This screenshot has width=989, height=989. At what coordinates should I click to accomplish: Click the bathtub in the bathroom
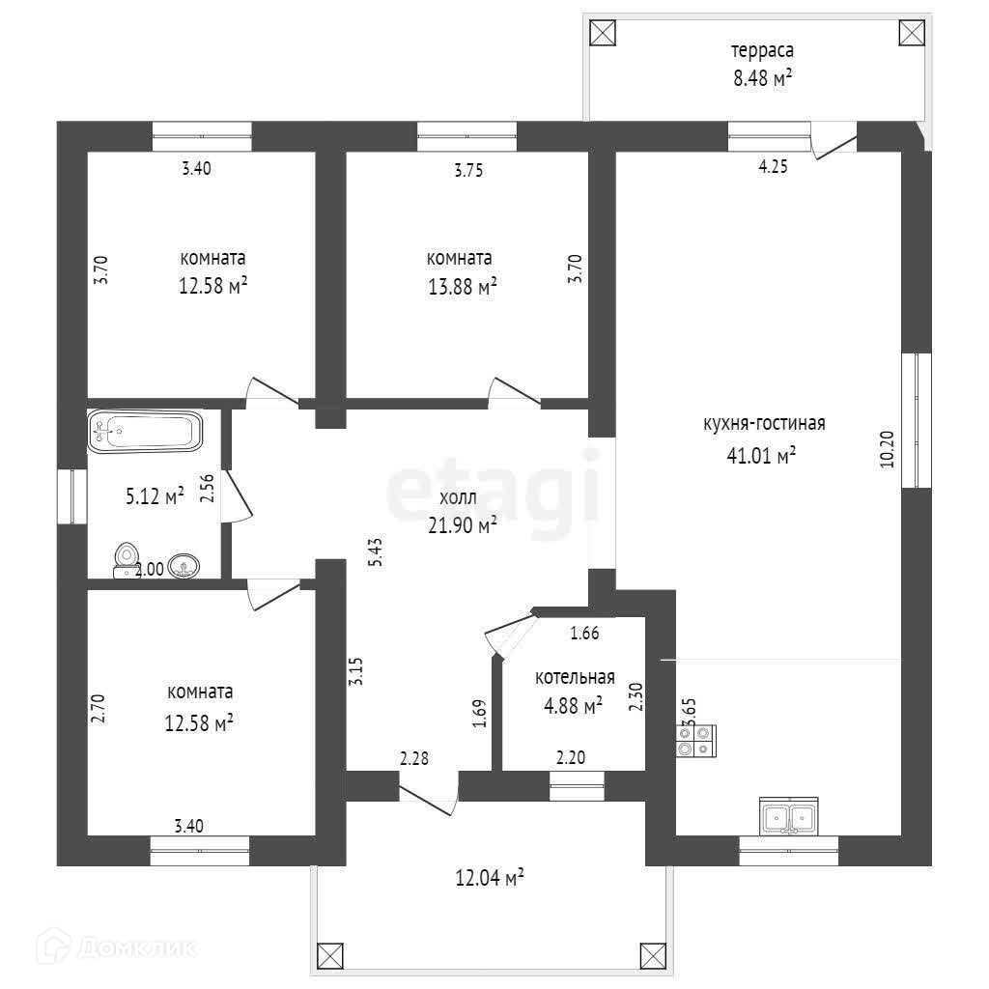145,431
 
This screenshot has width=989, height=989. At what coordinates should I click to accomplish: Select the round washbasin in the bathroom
184,566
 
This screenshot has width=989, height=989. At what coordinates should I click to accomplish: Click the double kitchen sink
788,816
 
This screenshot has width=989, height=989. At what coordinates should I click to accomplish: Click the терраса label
762,50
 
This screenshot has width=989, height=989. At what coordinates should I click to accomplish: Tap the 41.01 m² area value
761,456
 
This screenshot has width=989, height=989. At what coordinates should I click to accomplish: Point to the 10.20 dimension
887,449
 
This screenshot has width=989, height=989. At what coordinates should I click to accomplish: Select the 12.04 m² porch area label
490,878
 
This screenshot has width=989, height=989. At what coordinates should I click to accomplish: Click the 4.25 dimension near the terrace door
773,167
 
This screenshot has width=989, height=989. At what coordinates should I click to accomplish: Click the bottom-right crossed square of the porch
654,955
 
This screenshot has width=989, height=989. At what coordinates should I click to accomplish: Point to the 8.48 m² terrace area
762,79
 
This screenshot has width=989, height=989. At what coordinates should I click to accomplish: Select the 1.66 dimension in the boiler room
585,634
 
